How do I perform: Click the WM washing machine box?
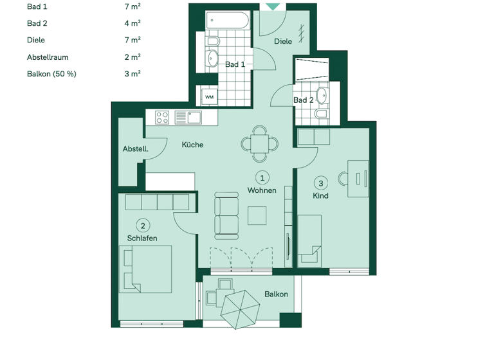tap(210, 96)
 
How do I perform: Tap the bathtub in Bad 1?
tap(228, 21)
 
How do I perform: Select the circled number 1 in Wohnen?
tap(262, 177)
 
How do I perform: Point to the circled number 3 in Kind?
tap(321, 183)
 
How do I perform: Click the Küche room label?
tap(192, 145)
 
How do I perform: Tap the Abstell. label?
tap(135, 149)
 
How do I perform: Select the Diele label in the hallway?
tap(283, 41)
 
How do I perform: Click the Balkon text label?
tap(276, 294)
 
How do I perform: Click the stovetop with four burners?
tap(163, 118)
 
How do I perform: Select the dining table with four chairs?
tap(260, 143)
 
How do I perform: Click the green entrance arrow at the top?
tap(273, 6)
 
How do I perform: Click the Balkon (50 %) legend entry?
tap(51, 73)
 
